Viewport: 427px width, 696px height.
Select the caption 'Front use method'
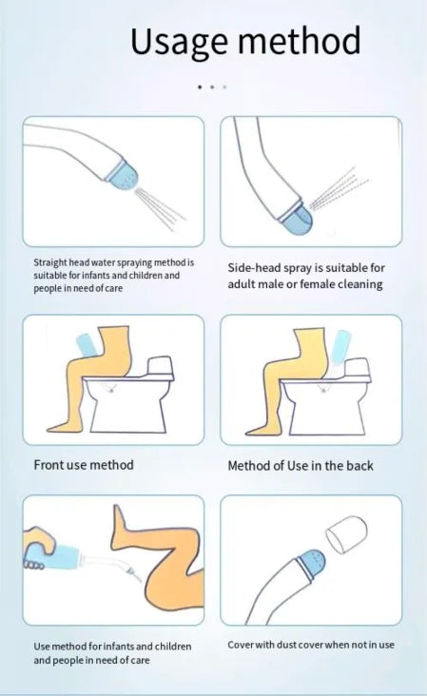pos(84,465)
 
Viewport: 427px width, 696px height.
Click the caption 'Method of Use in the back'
pos(301,466)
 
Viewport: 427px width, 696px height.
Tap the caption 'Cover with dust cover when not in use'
pos(311,645)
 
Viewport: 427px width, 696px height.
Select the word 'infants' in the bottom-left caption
pos(129,647)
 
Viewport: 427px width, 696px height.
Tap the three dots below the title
pos(212,87)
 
